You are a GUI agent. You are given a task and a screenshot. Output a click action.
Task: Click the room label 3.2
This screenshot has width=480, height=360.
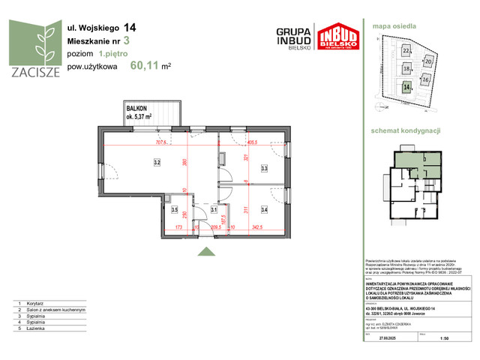click(157, 161)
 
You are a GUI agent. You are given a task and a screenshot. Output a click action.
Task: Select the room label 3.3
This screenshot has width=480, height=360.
click(264, 169)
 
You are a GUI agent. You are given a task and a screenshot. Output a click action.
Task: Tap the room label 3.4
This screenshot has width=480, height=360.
click(264, 211)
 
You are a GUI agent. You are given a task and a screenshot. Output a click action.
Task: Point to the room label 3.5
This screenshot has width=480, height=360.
click(175, 211)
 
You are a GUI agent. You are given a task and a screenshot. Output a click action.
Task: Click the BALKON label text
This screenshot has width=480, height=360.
click(138, 109)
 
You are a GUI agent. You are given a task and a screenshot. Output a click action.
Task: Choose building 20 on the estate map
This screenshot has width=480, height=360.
click(429, 62)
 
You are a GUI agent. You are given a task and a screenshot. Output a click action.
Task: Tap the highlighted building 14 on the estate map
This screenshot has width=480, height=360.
click(406, 87)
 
